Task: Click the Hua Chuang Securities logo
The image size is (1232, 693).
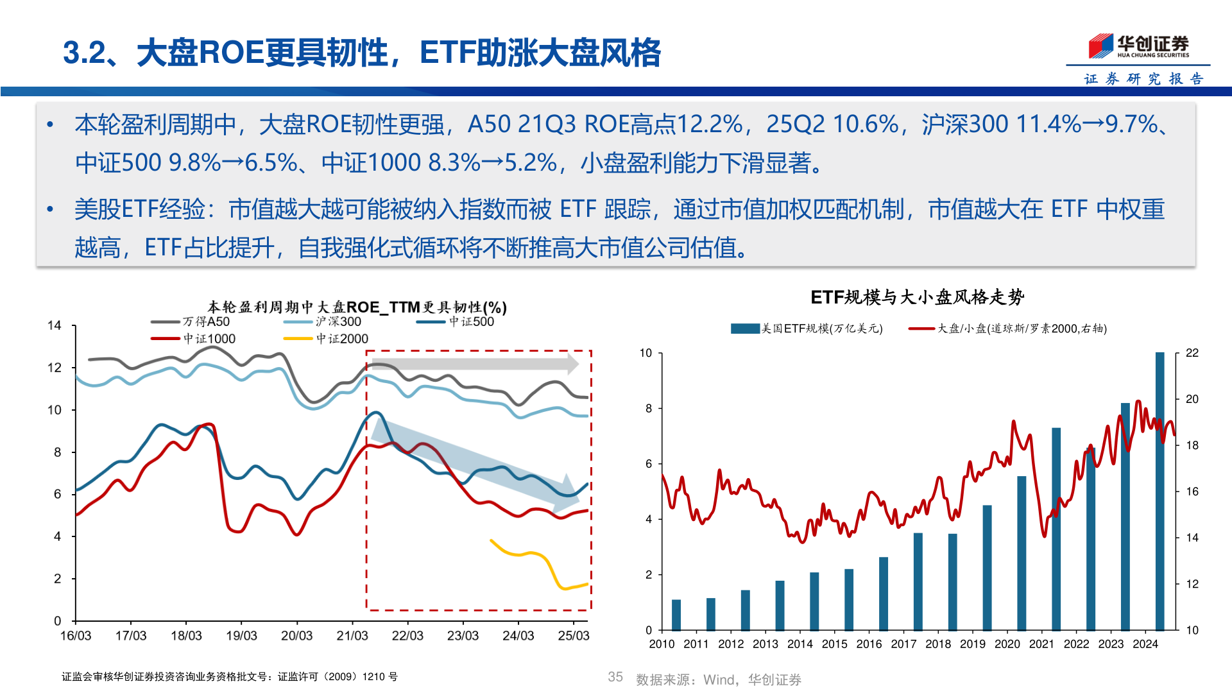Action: [x=1138, y=46]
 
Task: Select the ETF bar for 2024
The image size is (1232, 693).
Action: [x=1159, y=491]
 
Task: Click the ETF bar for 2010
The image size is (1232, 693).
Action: [x=676, y=615]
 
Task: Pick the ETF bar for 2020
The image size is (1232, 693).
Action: [x=1022, y=553]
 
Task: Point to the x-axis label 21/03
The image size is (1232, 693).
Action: [x=352, y=635]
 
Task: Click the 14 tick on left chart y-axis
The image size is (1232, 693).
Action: [x=55, y=325]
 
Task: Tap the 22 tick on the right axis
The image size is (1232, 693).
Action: [x=1192, y=353]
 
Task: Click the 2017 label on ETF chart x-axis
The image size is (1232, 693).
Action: [x=903, y=644]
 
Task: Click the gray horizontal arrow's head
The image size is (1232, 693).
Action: [x=572, y=364]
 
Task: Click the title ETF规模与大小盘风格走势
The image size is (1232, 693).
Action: [x=917, y=297]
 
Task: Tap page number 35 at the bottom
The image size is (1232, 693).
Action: [x=615, y=677]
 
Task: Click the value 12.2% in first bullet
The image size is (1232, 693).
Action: [x=710, y=124]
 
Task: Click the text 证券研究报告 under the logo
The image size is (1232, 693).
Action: [x=1143, y=78]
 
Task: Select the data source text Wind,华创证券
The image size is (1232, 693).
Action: [x=752, y=680]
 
